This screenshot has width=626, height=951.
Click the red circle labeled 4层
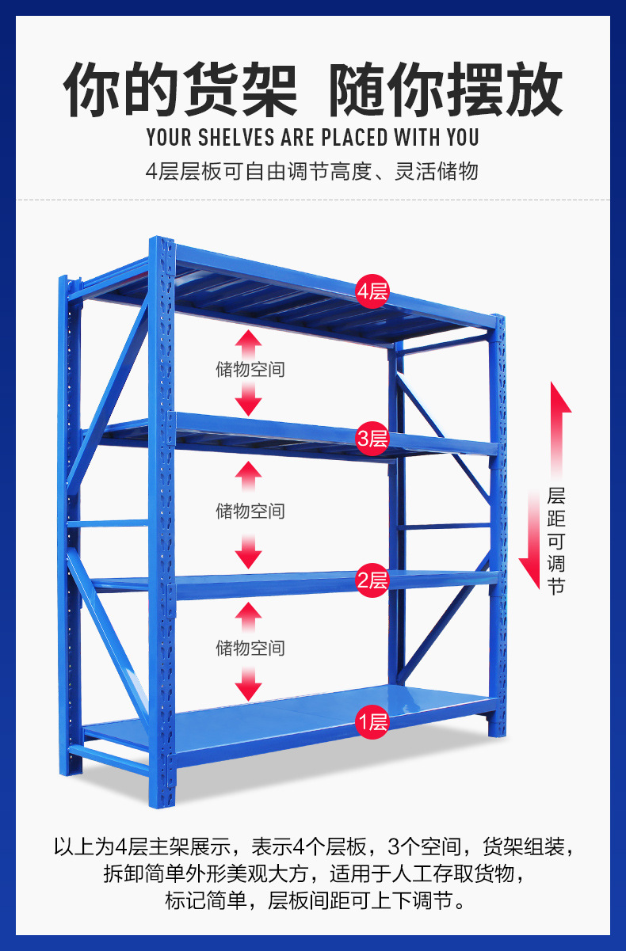click(x=372, y=291)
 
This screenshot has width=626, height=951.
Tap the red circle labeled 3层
click(x=372, y=439)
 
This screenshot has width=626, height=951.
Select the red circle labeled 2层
click(x=372, y=580)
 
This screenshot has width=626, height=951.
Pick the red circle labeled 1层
click(x=372, y=721)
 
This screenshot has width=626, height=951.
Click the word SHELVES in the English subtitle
click(x=236, y=138)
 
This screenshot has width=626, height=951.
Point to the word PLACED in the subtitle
click(x=354, y=138)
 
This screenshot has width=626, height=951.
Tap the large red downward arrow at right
click(x=530, y=540)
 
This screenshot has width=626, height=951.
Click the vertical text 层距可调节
click(x=556, y=541)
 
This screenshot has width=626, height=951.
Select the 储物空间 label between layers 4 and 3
click(x=250, y=369)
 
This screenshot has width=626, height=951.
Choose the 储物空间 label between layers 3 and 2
click(x=250, y=511)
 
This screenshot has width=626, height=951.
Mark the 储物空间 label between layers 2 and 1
click(x=250, y=648)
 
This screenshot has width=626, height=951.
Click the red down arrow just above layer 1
click(x=248, y=683)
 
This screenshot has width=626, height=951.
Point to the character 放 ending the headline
click(x=534, y=89)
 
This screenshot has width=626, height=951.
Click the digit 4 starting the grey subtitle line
click(x=151, y=172)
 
